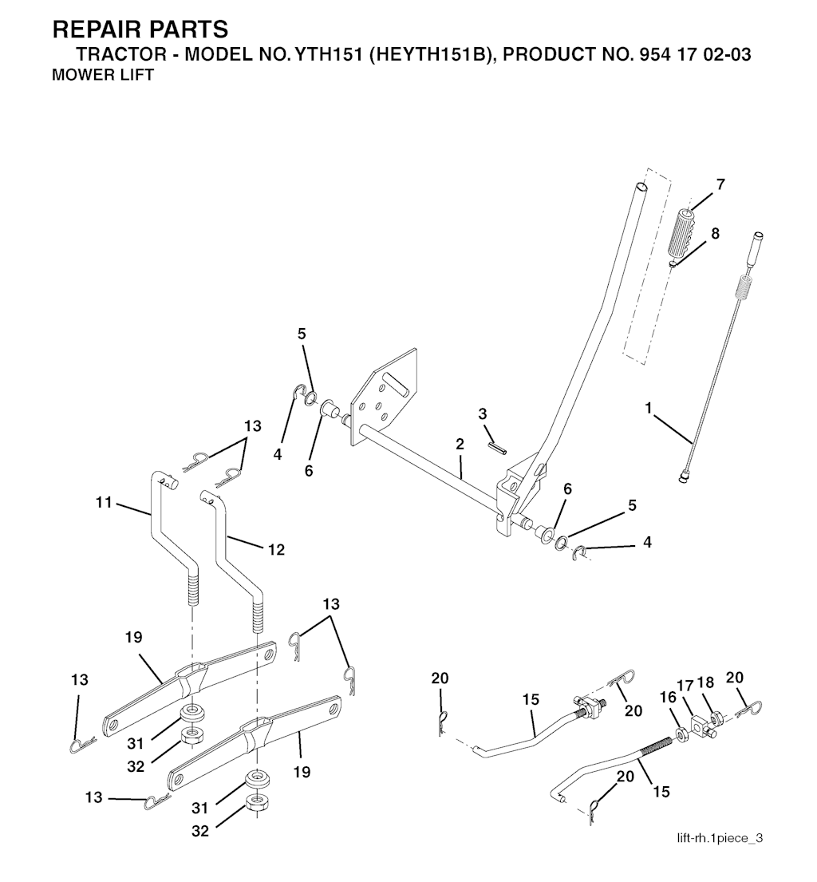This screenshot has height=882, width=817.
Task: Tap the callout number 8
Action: point(714,234)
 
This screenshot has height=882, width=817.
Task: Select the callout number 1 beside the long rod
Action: point(649,408)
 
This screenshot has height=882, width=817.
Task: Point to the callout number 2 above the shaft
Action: point(460,444)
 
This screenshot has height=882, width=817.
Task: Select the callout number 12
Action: point(276,550)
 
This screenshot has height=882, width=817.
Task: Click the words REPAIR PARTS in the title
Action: point(140,30)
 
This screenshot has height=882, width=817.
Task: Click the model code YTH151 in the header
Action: point(319,57)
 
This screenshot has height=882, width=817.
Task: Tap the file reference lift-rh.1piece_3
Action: point(720,837)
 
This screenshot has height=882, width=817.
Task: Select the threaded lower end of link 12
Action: point(258,615)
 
